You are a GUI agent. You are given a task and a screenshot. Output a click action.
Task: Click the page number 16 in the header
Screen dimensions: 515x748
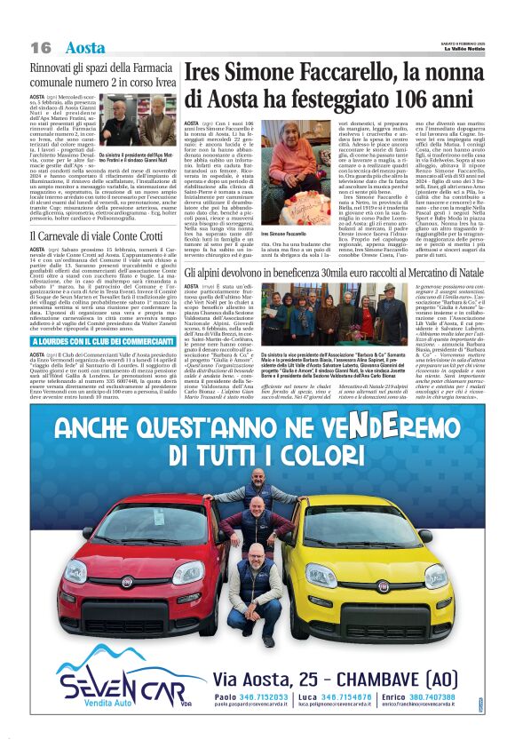pos(41,47)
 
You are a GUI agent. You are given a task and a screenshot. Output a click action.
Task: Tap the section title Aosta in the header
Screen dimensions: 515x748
pos(84,47)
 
